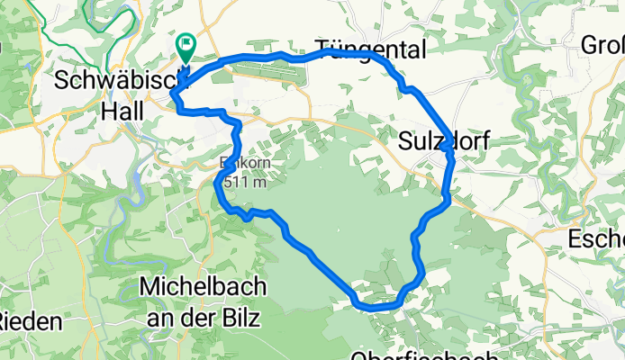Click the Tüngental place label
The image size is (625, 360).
(x=370, y=49)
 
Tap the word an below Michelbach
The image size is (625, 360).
(x=160, y=318)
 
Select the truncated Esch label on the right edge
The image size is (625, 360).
(x=597, y=239)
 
